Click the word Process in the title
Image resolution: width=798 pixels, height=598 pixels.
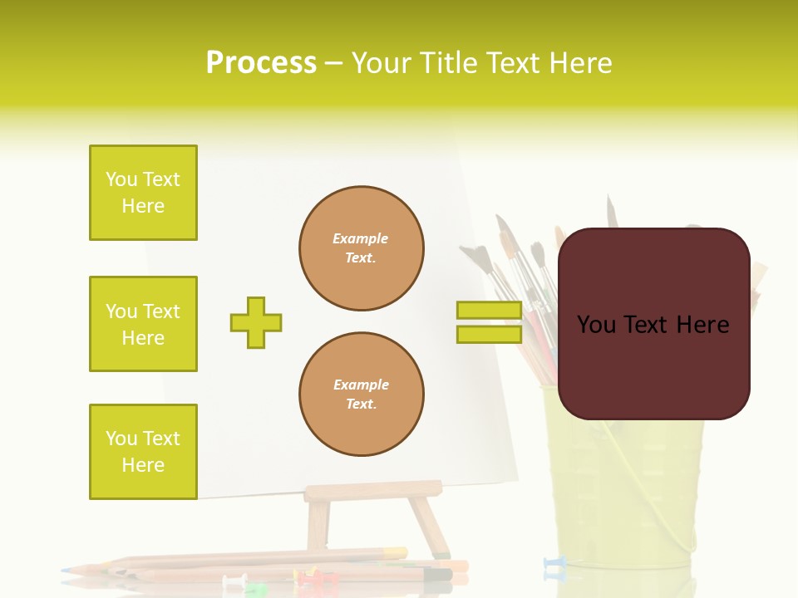[261, 63]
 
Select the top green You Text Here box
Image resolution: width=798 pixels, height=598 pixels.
[143, 193]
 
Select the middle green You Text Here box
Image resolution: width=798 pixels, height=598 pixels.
[143, 324]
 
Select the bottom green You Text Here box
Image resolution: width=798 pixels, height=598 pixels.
[143, 451]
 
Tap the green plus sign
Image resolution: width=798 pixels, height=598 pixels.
[256, 322]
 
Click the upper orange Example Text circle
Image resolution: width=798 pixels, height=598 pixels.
[361, 248]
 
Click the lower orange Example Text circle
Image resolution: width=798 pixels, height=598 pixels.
[361, 395]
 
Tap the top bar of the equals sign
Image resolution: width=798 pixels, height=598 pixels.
[489, 311]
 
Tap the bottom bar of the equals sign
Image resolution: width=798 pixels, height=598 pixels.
[489, 334]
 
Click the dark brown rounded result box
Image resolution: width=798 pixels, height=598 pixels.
[653, 324]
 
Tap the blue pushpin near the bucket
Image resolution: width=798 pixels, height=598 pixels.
[554, 565]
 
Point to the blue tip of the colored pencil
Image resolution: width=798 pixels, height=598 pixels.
[68, 571]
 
